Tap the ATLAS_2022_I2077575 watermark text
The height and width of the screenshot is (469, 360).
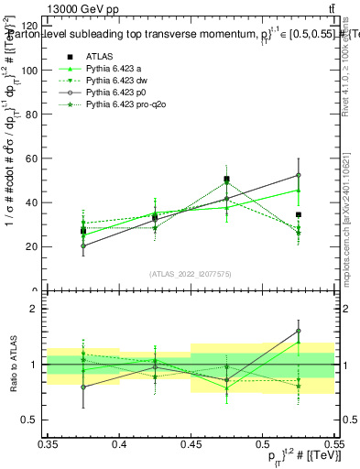(x=190, y=273)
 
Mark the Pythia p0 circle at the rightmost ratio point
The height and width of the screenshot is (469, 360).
(x=298, y=331)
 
